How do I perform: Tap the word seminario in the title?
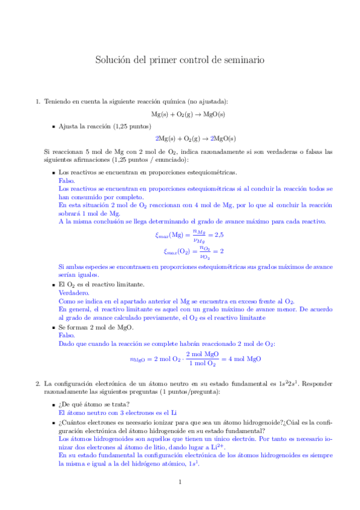coord(240,60)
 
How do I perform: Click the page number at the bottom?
coord(180,482)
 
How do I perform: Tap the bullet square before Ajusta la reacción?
coord(53,127)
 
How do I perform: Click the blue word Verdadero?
coord(73,292)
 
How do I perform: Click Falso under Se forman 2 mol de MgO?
coord(67,336)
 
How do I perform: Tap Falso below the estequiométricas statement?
coord(67,180)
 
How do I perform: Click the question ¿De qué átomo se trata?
coord(90,405)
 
